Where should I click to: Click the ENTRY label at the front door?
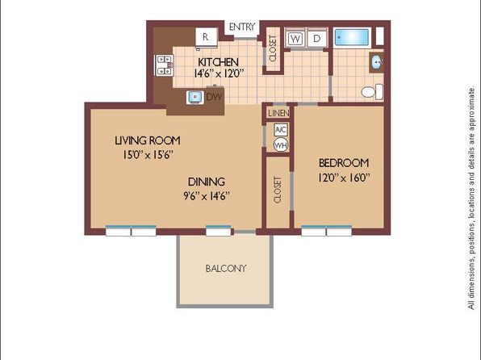[242, 27]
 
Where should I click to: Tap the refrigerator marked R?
[207, 37]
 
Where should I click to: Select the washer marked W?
[295, 39]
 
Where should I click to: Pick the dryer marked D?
[317, 39]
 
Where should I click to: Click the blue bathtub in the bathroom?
[352, 38]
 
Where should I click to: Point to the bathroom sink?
[376, 63]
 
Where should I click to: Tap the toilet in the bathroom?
[372, 91]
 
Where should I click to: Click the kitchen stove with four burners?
[164, 65]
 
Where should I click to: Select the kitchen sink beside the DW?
[194, 98]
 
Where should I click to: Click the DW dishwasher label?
[214, 97]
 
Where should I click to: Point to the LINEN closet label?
[278, 113]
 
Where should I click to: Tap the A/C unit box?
[281, 130]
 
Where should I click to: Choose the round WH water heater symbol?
[281, 144]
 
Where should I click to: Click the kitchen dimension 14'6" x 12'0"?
[219, 73]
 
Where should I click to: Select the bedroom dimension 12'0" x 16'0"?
[344, 178]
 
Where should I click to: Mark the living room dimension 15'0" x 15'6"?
[148, 155]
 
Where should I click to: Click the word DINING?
[207, 182]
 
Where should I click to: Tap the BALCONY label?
[226, 269]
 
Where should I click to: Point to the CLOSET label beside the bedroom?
[278, 190]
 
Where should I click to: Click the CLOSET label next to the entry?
[273, 48]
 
